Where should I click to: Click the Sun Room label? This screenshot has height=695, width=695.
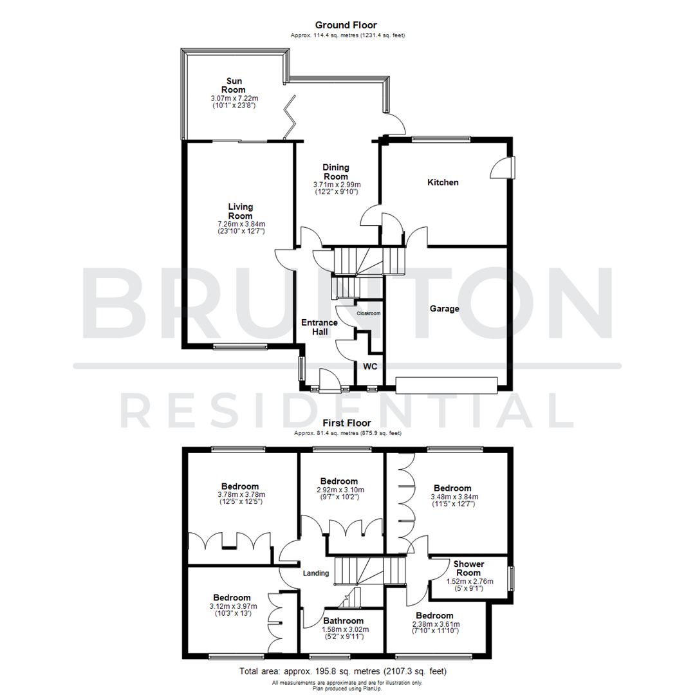click(x=232, y=86)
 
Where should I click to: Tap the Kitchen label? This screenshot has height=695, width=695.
click(x=443, y=183)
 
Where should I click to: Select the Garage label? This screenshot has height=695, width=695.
click(x=445, y=309)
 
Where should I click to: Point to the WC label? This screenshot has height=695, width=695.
click(x=370, y=366)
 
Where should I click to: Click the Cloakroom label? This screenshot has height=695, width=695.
click(x=369, y=313)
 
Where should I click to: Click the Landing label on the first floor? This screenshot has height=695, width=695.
click(x=316, y=573)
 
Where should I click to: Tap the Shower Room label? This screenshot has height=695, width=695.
click(x=470, y=568)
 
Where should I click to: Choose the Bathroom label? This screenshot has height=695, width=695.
click(x=344, y=621)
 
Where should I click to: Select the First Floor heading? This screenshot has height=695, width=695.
click(x=347, y=423)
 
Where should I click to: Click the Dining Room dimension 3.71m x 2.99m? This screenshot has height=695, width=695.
click(x=336, y=184)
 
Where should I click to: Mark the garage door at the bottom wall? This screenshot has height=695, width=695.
click(x=447, y=385)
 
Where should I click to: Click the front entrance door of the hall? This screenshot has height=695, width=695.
click(x=326, y=380)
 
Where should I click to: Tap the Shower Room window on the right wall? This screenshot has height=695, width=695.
click(x=512, y=577)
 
